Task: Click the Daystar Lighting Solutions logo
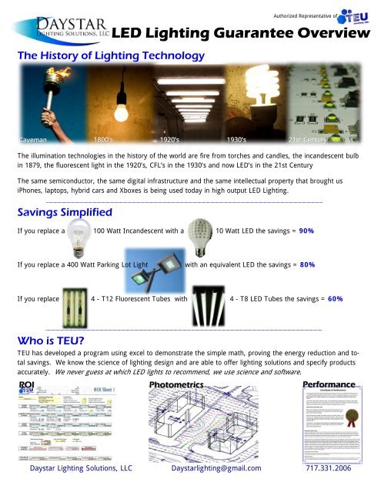(57, 25)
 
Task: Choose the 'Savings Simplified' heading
(65, 211)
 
